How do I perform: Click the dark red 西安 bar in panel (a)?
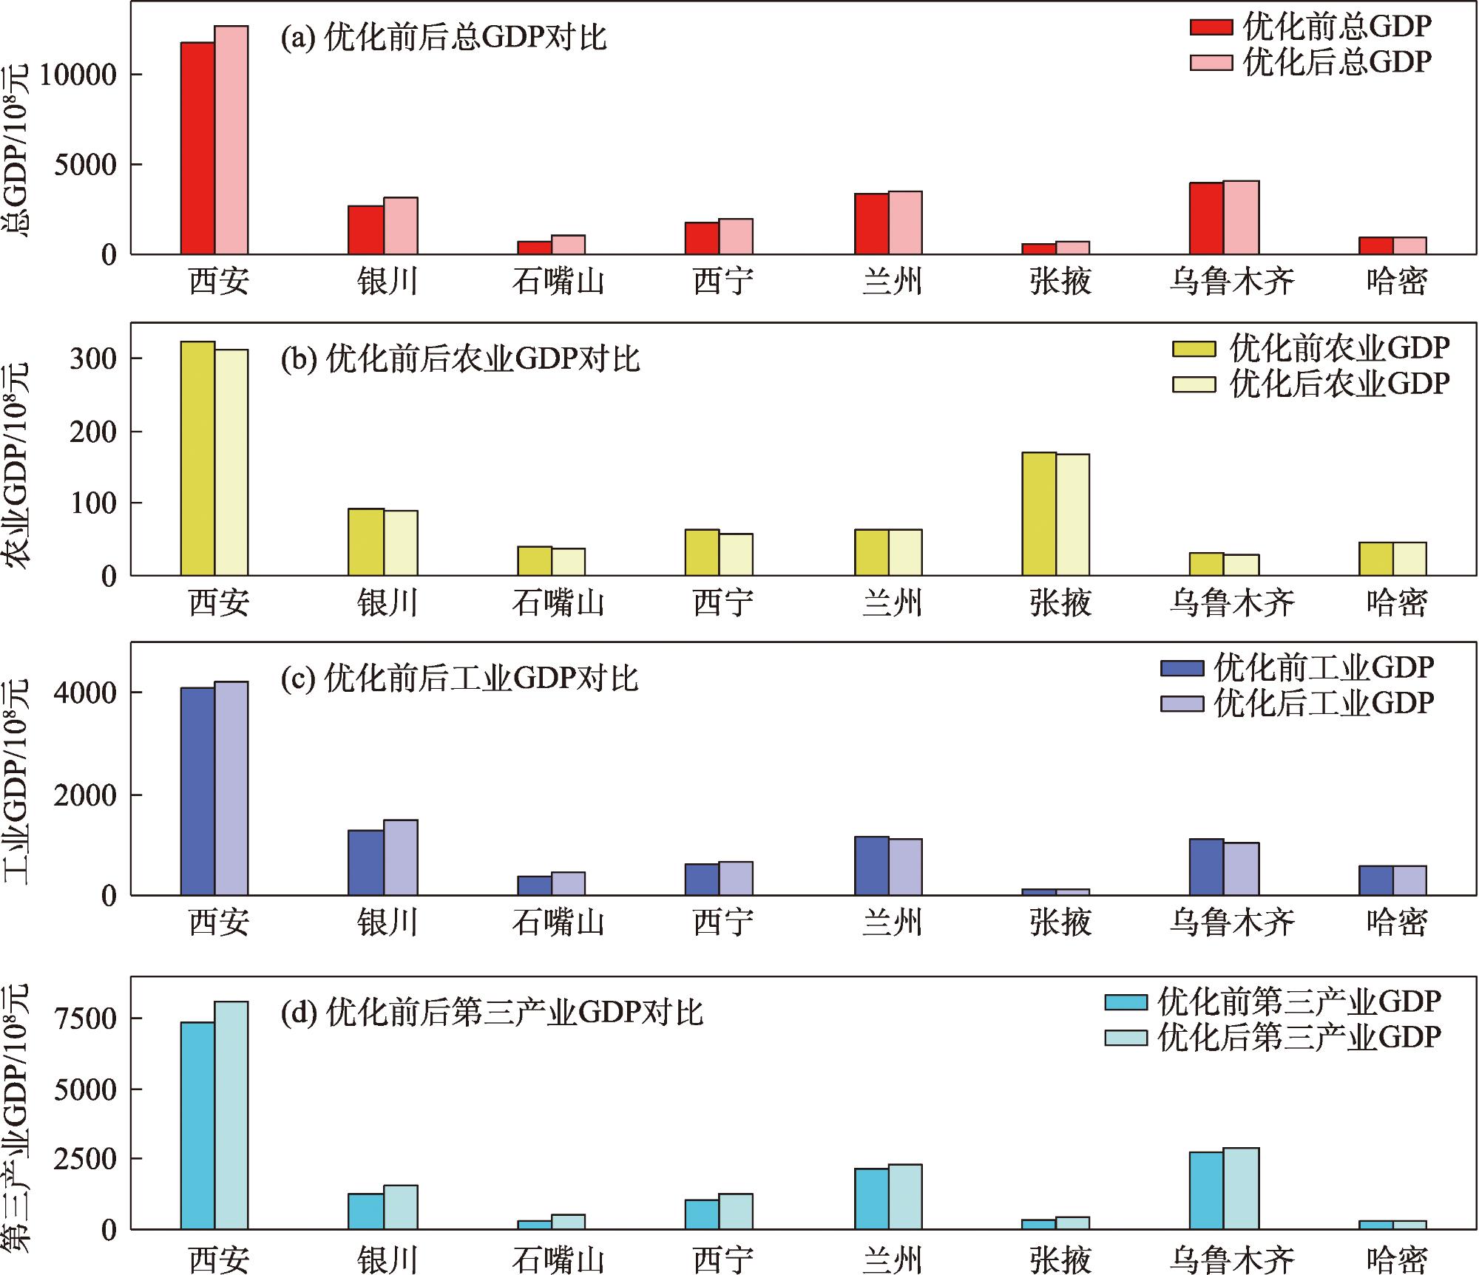pyautogui.click(x=198, y=149)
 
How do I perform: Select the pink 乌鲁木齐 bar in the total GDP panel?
pyautogui.click(x=1241, y=218)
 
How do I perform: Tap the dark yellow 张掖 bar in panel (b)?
pyautogui.click(x=1039, y=514)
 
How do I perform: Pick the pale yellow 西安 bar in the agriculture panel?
pyautogui.click(x=231, y=463)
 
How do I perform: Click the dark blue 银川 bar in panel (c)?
pyautogui.click(x=366, y=863)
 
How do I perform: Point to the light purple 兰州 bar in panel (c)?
pyautogui.click(x=905, y=867)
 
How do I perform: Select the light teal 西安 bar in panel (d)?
pyautogui.click(x=231, y=1115)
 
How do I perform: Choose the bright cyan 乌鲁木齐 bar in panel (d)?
pyautogui.click(x=1206, y=1191)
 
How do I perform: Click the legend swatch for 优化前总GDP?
pyautogui.click(x=1211, y=27)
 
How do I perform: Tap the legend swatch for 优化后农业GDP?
pyautogui.click(x=1194, y=384)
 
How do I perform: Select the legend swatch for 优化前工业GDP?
pyautogui.click(x=1183, y=668)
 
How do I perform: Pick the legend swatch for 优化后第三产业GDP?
pyautogui.click(x=1126, y=1038)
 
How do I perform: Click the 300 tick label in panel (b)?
pyautogui.click(x=93, y=359)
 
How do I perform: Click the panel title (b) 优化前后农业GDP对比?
pyautogui.click(x=460, y=359)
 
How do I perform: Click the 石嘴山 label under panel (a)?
pyautogui.click(x=558, y=282)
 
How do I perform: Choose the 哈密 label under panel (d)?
pyautogui.click(x=1397, y=1259)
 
